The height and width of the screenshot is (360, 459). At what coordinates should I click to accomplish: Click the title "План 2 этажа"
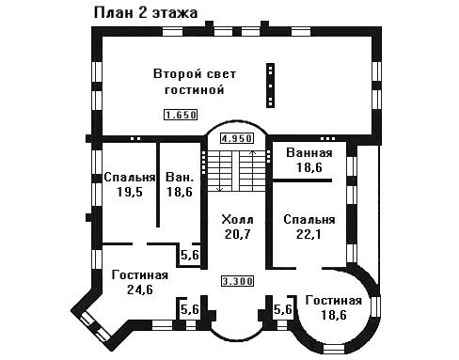tap(146, 13)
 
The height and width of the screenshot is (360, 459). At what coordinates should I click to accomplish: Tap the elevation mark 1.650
tap(181, 115)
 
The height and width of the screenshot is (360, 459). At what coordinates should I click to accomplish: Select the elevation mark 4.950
tap(237, 138)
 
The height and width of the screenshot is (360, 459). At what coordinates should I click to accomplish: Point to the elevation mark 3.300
tap(237, 281)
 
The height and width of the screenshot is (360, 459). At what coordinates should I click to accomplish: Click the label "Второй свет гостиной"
tap(195, 82)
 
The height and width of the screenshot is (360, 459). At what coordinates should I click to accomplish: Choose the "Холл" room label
tap(237, 219)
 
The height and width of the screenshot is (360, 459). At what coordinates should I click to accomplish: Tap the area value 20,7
tap(238, 234)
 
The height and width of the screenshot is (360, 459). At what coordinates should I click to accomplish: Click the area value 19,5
tap(130, 192)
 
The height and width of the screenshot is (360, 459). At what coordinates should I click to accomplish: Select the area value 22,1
tap(309, 234)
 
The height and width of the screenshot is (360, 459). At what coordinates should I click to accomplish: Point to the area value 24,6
tap(140, 290)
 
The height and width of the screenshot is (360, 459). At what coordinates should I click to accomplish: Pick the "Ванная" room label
tap(309, 152)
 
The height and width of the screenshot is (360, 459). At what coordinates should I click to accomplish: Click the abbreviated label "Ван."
tap(180, 177)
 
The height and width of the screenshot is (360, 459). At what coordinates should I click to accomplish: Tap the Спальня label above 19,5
tap(130, 177)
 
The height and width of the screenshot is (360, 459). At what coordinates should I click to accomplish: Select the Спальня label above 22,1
tap(309, 219)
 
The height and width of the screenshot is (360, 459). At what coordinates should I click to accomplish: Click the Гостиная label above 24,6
tap(140, 274)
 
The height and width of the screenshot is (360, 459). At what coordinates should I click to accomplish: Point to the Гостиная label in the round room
tap(334, 300)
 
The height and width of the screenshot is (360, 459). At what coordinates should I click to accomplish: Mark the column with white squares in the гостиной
tap(270, 86)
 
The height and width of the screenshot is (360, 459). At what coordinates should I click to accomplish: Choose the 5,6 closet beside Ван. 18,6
tap(190, 255)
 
